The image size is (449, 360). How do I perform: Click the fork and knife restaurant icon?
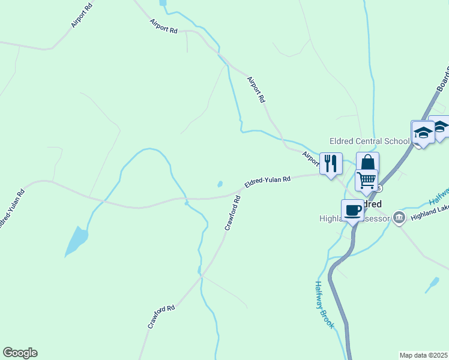pos(331,163)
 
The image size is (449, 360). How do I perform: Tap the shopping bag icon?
pos(367,163)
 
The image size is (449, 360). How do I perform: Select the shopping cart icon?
pos(366,179)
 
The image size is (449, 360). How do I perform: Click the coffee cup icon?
pos(352,210)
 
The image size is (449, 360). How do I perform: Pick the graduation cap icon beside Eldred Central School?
pos(423,133)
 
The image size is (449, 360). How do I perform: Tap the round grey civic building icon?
pos(399,219)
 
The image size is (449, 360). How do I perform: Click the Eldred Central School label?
pos(369,142)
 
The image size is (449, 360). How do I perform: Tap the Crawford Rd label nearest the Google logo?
pos(161,317)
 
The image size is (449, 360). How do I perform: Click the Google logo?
pos(20,353)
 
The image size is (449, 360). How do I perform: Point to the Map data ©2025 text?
pos(423,355)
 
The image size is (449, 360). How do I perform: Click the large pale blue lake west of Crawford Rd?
pos(76,241)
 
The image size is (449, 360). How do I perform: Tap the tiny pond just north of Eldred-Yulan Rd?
pos(220,184)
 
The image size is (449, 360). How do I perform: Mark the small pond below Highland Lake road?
pos(432,284)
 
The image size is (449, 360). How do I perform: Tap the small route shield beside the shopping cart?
pos(379,188)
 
